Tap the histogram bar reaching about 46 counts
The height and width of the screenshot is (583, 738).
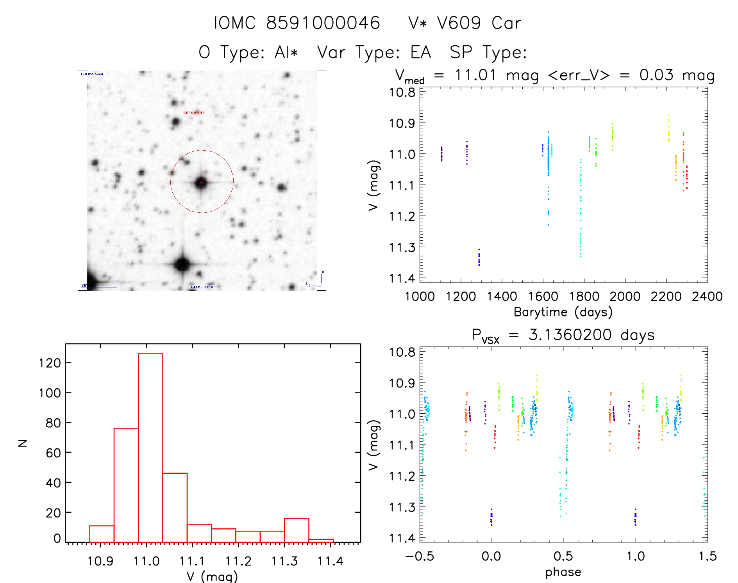pyautogui.click(x=175, y=507)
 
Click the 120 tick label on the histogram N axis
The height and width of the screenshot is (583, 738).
pyautogui.click(x=50, y=363)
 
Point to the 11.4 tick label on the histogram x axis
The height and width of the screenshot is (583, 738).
pyautogui.click(x=330, y=561)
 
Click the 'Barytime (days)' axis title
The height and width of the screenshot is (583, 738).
pyautogui.click(x=563, y=312)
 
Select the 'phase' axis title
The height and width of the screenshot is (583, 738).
pyautogui.click(x=563, y=572)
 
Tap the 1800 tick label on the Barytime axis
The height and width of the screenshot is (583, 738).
pyautogui.click(x=584, y=297)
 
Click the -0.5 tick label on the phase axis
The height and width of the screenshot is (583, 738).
pyautogui.click(x=420, y=556)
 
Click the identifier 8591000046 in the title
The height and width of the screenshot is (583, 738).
pyautogui.click(x=323, y=23)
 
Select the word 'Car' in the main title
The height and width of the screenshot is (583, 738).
pyautogui.click(x=506, y=23)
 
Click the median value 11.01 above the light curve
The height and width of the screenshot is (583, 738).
pyautogui.click(x=475, y=75)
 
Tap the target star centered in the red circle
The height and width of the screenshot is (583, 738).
pyautogui.click(x=201, y=182)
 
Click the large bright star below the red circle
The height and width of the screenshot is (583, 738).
pyautogui.click(x=182, y=264)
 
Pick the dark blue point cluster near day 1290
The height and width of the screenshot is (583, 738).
pyautogui.click(x=479, y=258)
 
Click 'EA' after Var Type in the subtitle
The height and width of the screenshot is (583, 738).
pyautogui.click(x=421, y=52)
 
